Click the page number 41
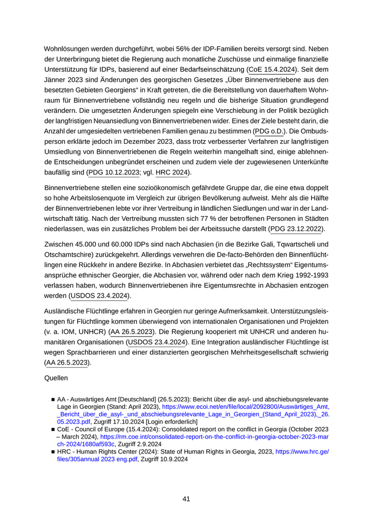click(x=186, y=499)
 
